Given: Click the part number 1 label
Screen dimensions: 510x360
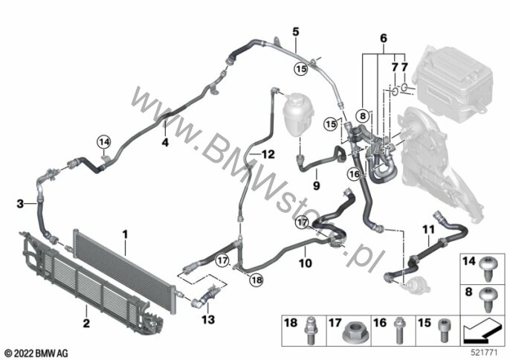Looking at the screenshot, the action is click(x=125, y=234).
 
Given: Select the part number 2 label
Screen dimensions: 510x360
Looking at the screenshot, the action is click(x=86, y=324).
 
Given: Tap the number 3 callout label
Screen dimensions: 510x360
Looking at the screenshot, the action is click(x=20, y=204).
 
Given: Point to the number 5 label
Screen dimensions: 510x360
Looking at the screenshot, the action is click(x=295, y=32).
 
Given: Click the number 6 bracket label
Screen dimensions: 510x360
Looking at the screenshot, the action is click(x=384, y=38).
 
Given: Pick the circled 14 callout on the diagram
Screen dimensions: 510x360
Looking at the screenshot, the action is click(x=104, y=142).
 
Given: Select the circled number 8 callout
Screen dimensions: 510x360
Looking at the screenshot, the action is click(x=363, y=115).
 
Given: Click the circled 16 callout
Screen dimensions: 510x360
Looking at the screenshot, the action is click(x=354, y=174).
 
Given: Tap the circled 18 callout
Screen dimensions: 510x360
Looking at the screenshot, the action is click(x=256, y=280).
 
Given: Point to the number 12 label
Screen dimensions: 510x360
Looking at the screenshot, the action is click(x=268, y=154).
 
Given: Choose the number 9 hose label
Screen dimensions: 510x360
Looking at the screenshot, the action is click(x=317, y=185).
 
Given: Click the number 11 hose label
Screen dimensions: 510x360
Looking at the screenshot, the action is click(x=428, y=230).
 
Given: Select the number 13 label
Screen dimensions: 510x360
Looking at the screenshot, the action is click(x=208, y=319).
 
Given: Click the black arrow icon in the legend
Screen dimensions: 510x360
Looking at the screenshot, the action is click(x=482, y=332).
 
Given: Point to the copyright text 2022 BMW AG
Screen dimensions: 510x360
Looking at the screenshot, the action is click(x=36, y=353).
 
